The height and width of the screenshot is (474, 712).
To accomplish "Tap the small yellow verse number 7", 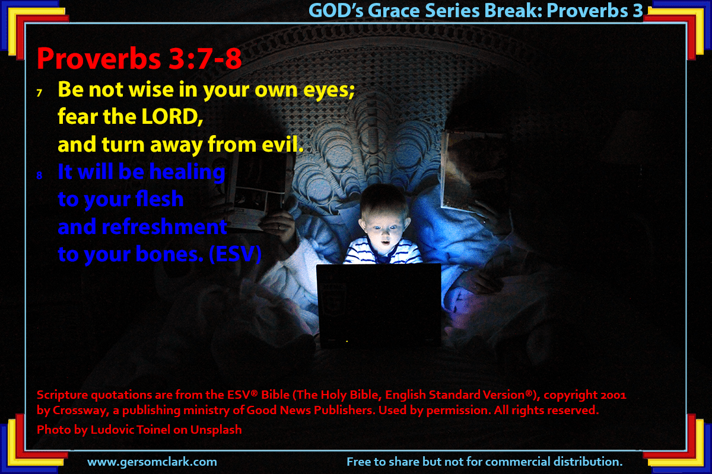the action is click(39, 93).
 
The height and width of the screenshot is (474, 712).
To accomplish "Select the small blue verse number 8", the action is click(39, 175).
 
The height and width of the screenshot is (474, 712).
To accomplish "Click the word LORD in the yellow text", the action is click(172, 117).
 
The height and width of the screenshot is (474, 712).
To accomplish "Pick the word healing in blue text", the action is click(187, 172).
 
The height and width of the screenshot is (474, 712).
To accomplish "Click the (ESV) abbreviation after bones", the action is click(235, 254).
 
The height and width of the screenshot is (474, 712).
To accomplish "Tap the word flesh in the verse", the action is click(159, 199).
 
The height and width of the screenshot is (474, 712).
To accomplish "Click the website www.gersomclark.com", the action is click(152, 462).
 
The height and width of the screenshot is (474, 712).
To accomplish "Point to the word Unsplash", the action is click(216, 430).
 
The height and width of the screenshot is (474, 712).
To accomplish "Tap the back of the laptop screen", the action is click(379, 304).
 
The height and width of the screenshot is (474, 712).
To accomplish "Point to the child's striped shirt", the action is click(383, 252).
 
